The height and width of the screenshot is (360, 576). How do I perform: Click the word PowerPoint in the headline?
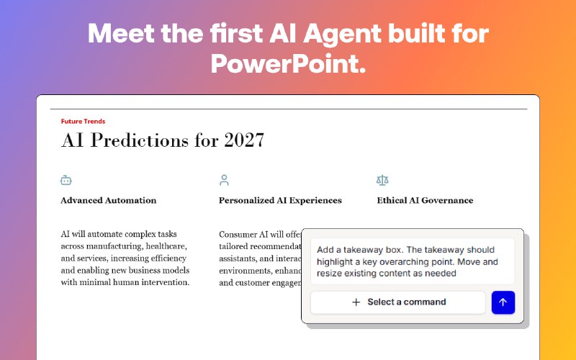pos(288,63)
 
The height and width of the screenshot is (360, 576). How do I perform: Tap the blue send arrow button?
pos(503,302)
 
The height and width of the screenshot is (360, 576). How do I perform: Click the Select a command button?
pos(398,302)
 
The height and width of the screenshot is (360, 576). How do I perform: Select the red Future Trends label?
pos(83,122)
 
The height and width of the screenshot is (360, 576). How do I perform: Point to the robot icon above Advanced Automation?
pos(66,180)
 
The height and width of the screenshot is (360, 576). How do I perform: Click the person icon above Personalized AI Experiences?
pos(224,180)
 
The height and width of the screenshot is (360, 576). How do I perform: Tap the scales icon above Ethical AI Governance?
pos(382,180)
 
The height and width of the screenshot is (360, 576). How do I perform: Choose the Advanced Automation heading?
pos(108,200)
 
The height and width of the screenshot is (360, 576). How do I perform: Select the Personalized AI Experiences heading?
pos(280,200)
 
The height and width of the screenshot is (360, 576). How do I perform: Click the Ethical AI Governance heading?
pos(425,200)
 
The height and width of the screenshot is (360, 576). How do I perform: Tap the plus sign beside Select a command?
pos(356,302)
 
